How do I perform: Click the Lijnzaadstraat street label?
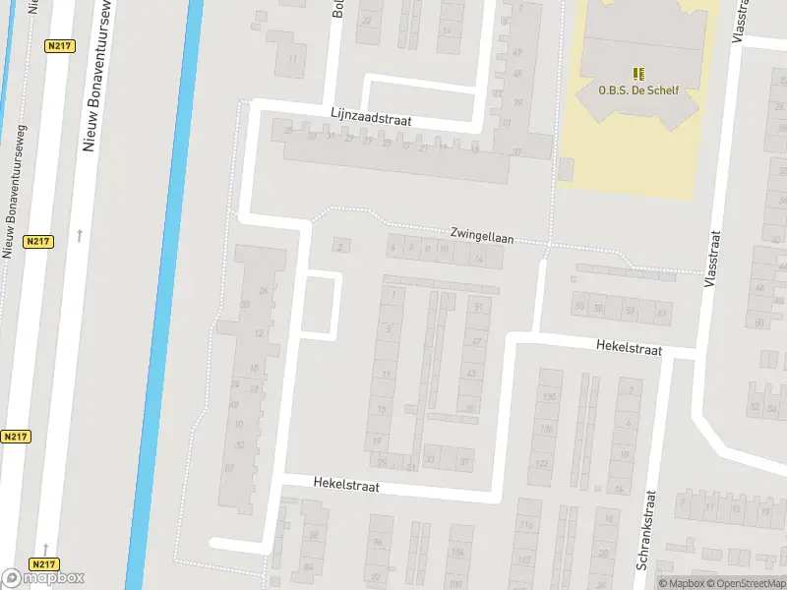click(x=371, y=118)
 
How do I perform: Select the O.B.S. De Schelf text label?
click(x=638, y=89)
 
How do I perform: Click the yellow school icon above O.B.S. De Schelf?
click(x=638, y=74)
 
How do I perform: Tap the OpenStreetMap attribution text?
click(x=746, y=583)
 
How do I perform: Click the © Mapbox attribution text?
click(x=682, y=583)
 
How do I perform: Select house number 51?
click(x=479, y=308)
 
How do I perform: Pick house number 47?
click(x=477, y=341)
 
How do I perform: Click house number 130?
click(x=549, y=397)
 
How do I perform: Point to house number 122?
click(x=541, y=462)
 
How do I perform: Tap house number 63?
click(x=662, y=312)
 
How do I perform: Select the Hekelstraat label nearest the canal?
click(x=346, y=485)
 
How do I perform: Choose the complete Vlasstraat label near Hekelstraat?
click(x=713, y=258)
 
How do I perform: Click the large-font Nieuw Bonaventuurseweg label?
click(x=91, y=79)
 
